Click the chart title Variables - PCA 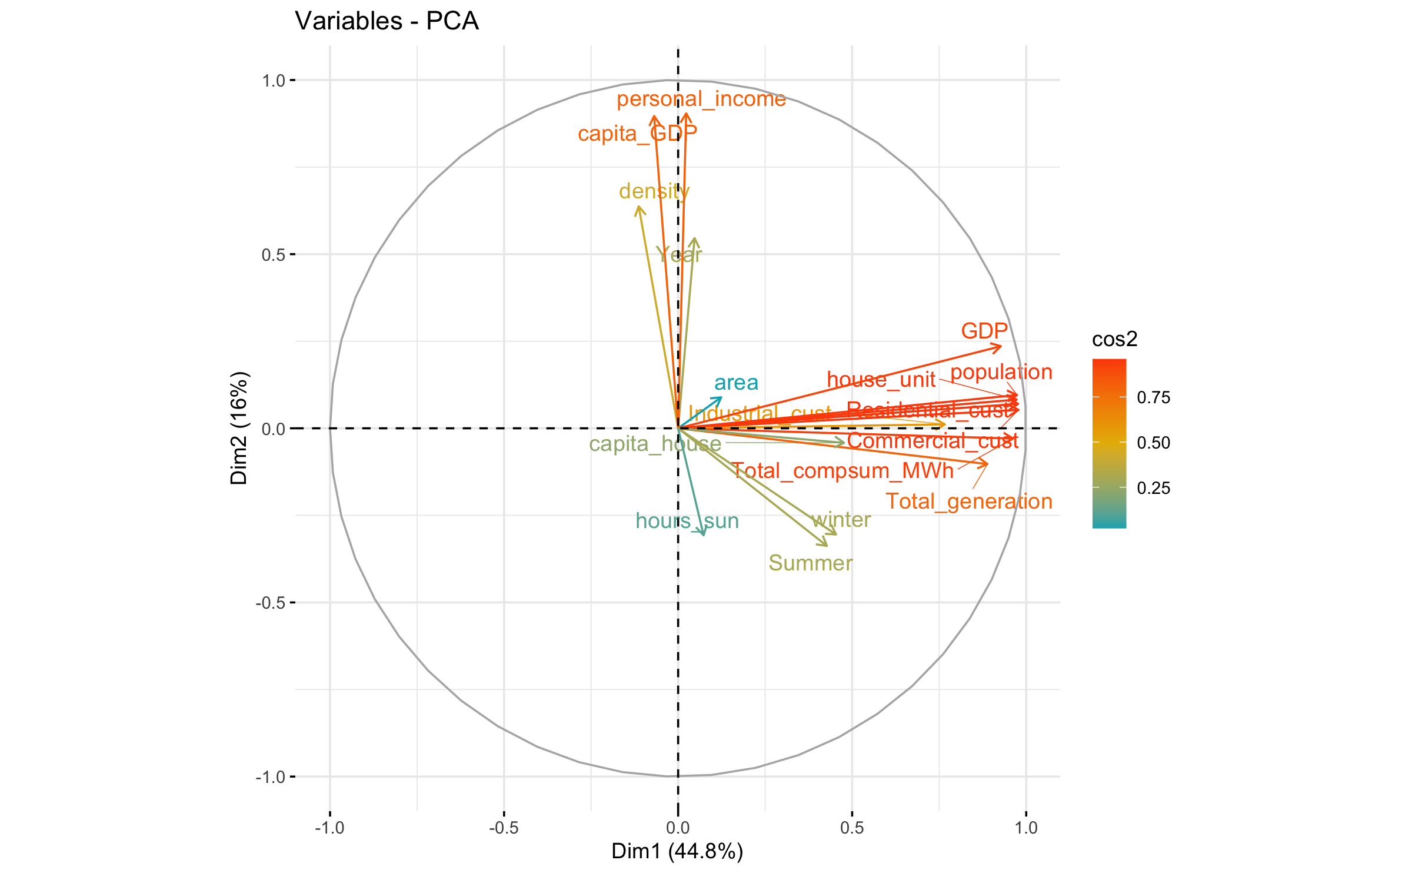tap(387, 21)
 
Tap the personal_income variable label tap(701, 99)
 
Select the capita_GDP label tap(637, 134)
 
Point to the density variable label tap(654, 191)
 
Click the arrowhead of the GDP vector tap(1000, 346)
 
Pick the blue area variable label tap(736, 383)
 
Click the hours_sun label tap(687, 521)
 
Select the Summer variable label tap(810, 563)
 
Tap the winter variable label tap(841, 520)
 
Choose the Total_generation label tap(969, 502)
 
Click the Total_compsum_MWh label tap(842, 471)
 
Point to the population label tap(1001, 372)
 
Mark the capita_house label tap(655, 444)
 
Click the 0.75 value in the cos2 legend tap(1153, 397)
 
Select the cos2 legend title tap(1114, 339)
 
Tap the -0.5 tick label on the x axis tap(503, 828)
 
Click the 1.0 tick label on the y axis tap(273, 81)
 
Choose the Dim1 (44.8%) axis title tap(677, 851)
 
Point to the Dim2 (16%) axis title tap(239, 428)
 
